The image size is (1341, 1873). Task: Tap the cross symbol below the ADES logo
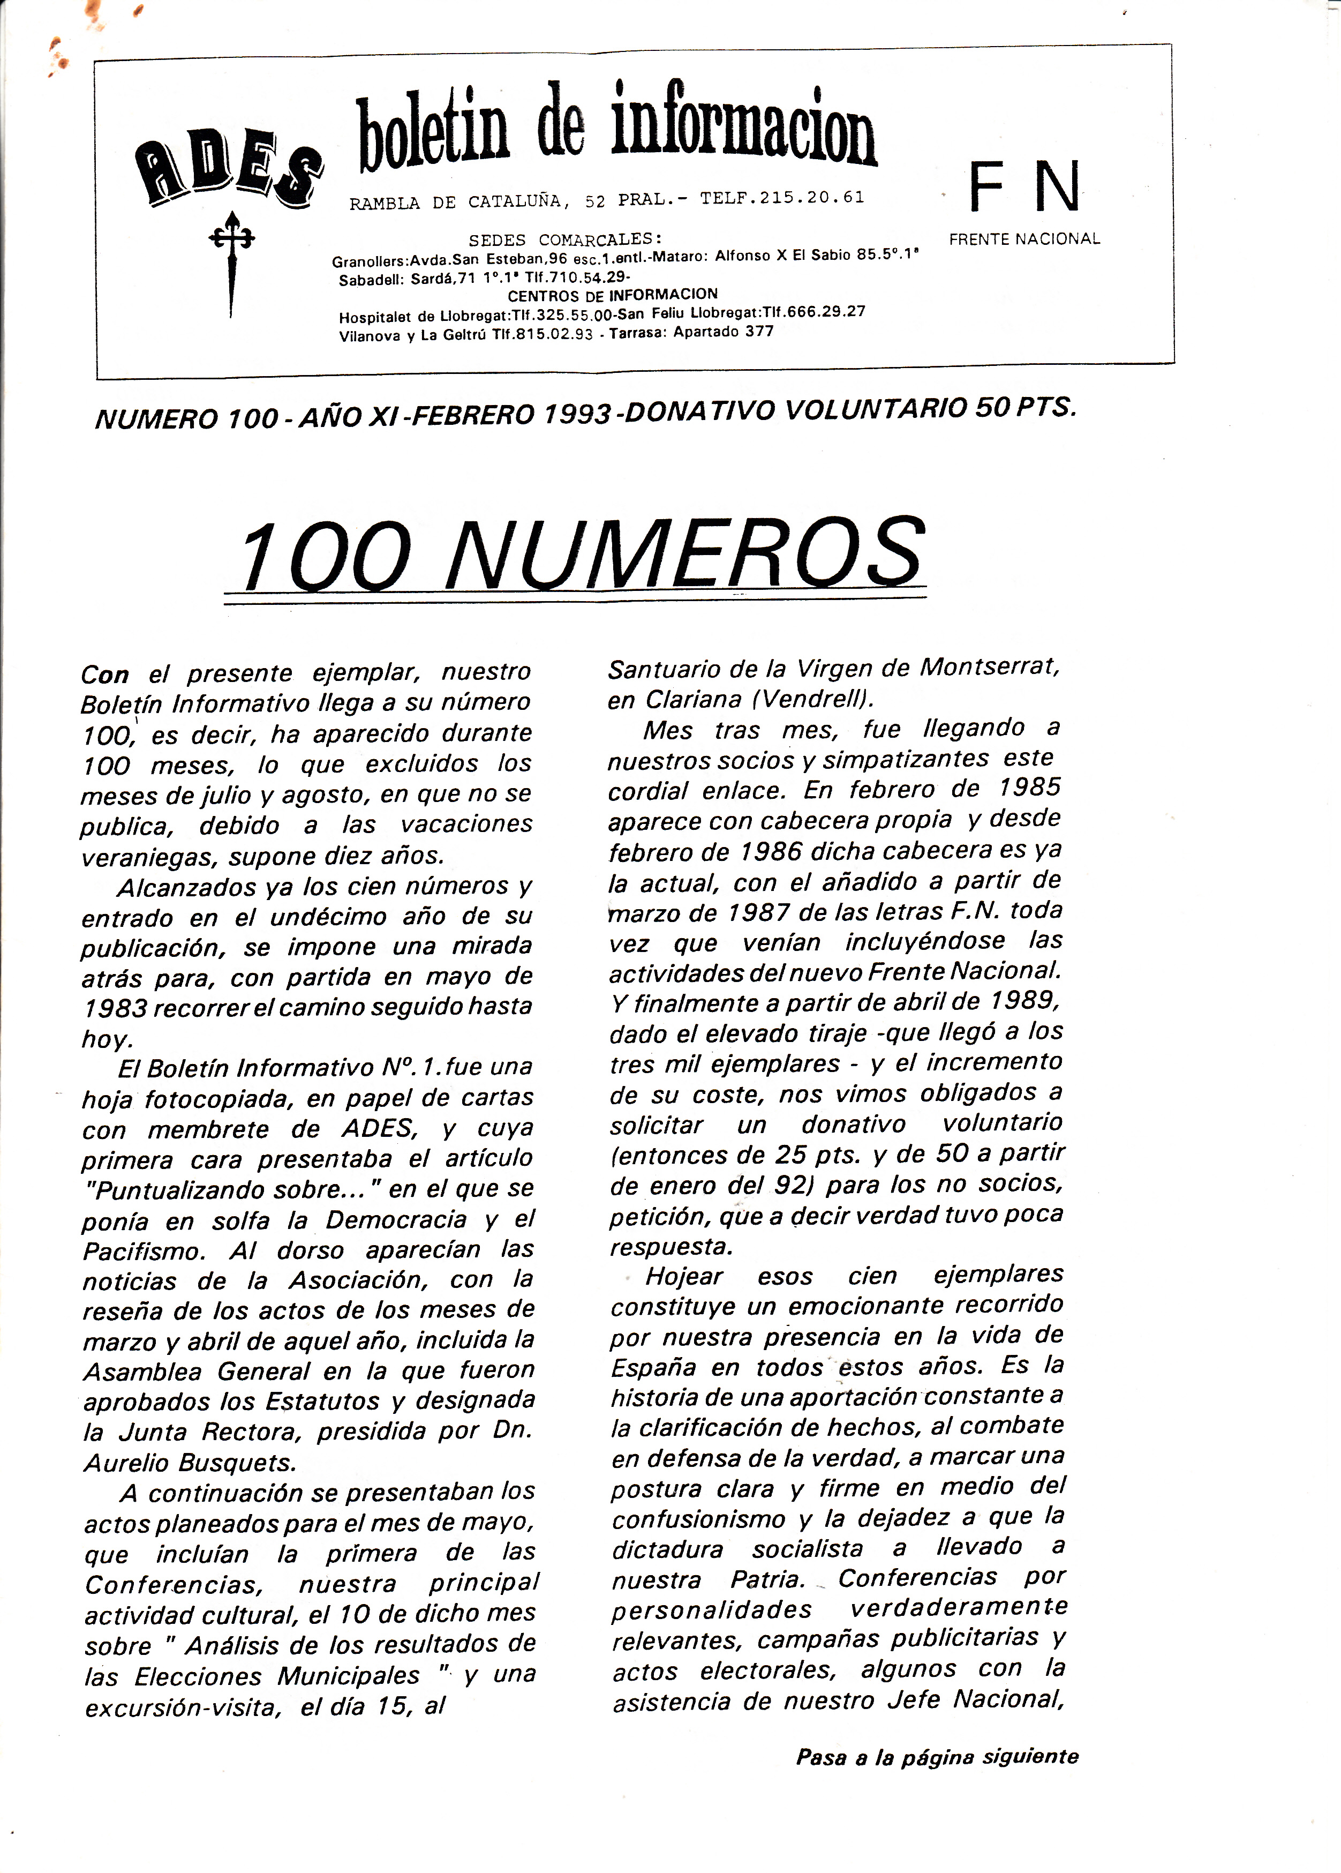[x=231, y=263]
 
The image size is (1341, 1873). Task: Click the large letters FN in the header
[x=1024, y=188]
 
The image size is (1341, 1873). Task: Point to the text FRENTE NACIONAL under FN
[x=1024, y=239]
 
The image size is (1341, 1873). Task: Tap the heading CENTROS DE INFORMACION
[x=612, y=295]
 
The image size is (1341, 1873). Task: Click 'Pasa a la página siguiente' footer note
[x=936, y=1757]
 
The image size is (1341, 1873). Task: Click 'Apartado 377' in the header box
[x=724, y=332]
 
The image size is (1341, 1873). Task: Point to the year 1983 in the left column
[x=114, y=1008]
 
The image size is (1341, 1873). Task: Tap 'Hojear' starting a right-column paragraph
[x=684, y=1277]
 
